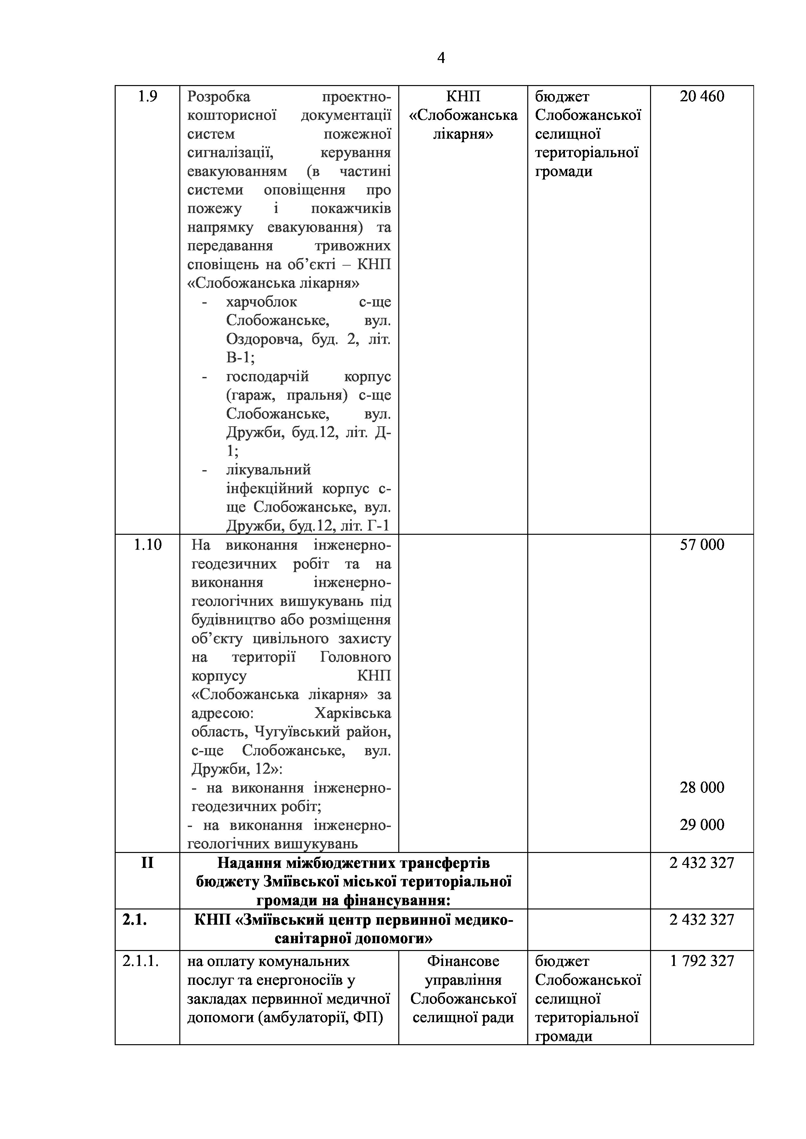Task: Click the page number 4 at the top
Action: coord(441,58)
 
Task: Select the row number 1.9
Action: coord(147,96)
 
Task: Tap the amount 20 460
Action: coord(702,96)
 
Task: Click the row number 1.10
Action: coord(147,545)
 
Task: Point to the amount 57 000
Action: coord(702,545)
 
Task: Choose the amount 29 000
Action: coord(702,824)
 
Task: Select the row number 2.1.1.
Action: coord(140,961)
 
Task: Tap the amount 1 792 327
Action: coord(702,961)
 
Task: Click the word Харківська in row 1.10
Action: coord(352,713)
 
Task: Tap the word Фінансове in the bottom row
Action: coord(463,961)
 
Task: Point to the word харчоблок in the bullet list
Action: coord(262,302)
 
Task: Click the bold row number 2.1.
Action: coord(134,920)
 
